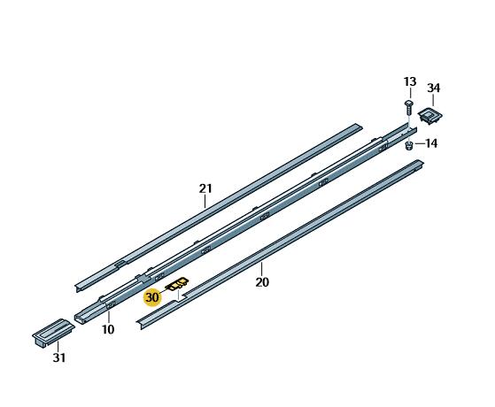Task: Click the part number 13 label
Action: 409,82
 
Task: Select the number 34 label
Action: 433,88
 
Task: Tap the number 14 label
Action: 431,143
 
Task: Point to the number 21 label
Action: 205,188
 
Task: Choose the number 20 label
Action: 262,283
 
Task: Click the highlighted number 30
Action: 152,298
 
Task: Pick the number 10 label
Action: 107,329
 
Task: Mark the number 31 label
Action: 58,357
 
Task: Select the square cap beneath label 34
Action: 431,115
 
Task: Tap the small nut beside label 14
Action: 410,144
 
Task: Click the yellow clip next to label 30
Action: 178,285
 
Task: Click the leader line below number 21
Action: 205,201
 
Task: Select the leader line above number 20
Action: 262,270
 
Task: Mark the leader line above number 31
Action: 58,346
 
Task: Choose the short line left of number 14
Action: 419,143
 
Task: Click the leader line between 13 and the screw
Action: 409,95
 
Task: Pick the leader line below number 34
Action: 433,99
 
